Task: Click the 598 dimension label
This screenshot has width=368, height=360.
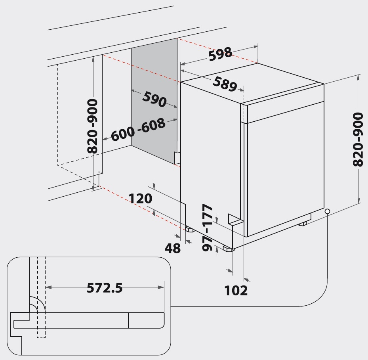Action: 220,54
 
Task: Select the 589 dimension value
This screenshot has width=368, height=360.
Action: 225,84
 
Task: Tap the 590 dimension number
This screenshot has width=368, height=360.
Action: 154,99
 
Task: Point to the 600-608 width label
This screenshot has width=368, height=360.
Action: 138,130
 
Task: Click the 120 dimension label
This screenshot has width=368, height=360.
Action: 140,198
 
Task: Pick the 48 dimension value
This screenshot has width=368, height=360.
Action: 173,248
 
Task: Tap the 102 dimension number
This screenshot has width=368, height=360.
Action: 236,291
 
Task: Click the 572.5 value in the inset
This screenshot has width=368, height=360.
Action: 105,287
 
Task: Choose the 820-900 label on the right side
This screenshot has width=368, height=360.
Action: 358,139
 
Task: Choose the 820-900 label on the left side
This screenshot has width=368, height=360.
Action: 92,126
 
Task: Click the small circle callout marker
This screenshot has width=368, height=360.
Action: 328,211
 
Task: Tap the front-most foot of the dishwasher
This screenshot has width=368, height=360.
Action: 229,249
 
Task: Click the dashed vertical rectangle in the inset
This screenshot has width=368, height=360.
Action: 41,297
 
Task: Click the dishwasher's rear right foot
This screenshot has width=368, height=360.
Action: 303,223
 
